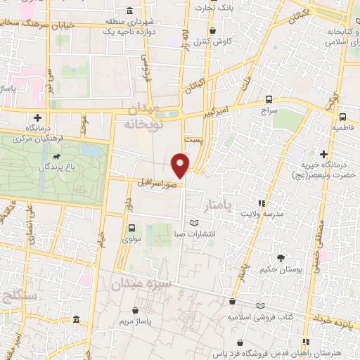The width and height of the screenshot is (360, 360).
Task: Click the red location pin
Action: tap(181, 165)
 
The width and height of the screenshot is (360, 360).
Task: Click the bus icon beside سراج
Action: tap(269, 99)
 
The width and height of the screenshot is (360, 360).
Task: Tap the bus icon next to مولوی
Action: tap(132, 227)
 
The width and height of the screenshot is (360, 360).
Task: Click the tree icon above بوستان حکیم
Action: tap(281, 258)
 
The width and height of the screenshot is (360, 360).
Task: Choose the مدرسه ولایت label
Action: tap(262, 213)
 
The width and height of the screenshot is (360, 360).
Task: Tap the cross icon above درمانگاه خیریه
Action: tap(323, 154)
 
